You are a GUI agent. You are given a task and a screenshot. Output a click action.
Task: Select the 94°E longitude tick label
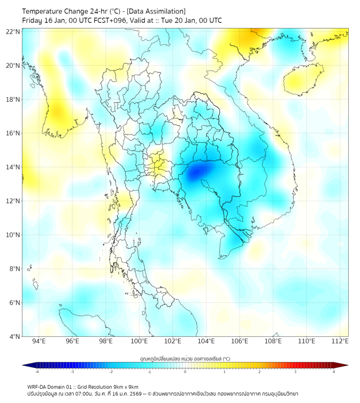click(39, 342)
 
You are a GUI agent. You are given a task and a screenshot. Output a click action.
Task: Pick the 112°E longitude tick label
click(340, 342)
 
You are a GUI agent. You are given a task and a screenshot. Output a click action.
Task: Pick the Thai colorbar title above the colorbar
click(185, 359)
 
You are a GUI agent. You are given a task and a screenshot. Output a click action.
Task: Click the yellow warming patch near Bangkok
click(157, 165)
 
